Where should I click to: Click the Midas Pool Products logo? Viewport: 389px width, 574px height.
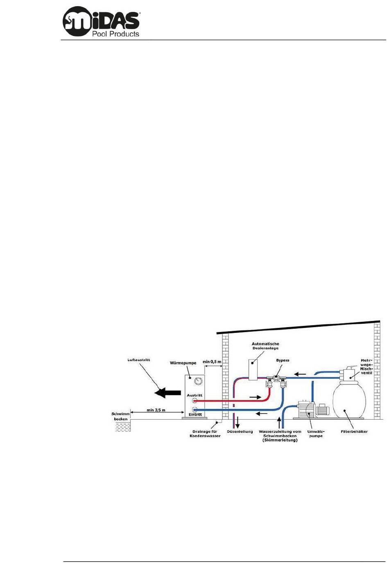coord(101,22)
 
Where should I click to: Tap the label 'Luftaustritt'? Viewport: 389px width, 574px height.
coord(139,360)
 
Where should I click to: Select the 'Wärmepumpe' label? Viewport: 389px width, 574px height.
coord(183,363)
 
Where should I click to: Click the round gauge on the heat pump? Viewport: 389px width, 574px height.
coord(198,381)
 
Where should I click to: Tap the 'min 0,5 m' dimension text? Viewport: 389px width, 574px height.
coord(212,362)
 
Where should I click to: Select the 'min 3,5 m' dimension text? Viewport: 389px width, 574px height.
coord(156,410)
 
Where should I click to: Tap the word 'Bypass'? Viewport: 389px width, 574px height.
coord(283,360)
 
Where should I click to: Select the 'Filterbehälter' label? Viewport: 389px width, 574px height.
coord(354,432)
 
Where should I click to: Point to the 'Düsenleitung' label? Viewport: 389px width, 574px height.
coord(240,432)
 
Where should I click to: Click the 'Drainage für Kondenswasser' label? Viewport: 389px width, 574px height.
coord(205,434)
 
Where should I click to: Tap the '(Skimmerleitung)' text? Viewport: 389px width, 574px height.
coord(280,440)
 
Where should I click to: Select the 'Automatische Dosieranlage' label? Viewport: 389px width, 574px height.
coord(265,346)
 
